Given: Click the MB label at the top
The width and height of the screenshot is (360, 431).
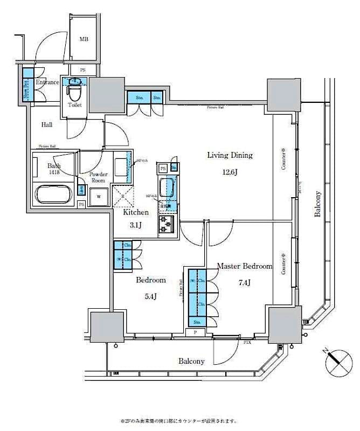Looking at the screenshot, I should [x=84, y=39].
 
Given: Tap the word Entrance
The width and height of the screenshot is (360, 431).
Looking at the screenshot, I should [x=47, y=82].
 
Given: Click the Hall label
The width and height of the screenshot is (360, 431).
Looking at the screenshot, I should [x=47, y=125].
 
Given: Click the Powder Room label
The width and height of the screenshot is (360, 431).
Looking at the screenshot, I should [x=98, y=177].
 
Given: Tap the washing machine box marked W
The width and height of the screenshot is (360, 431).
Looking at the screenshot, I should [x=98, y=197].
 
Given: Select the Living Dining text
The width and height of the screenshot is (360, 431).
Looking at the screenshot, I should [x=230, y=155].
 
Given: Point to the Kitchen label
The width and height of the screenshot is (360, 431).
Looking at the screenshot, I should [x=136, y=213].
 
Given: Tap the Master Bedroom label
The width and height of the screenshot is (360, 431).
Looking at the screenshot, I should [x=244, y=266].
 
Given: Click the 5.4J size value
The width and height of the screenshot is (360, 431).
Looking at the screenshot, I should [x=150, y=296].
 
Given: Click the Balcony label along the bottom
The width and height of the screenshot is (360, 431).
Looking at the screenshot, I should [x=191, y=362].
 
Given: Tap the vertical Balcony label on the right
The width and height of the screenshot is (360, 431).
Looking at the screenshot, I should [x=318, y=204].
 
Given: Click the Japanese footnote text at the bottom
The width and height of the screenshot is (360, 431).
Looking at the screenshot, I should [x=178, y=421].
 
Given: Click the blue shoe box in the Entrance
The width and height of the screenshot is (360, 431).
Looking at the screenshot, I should [x=26, y=86].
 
